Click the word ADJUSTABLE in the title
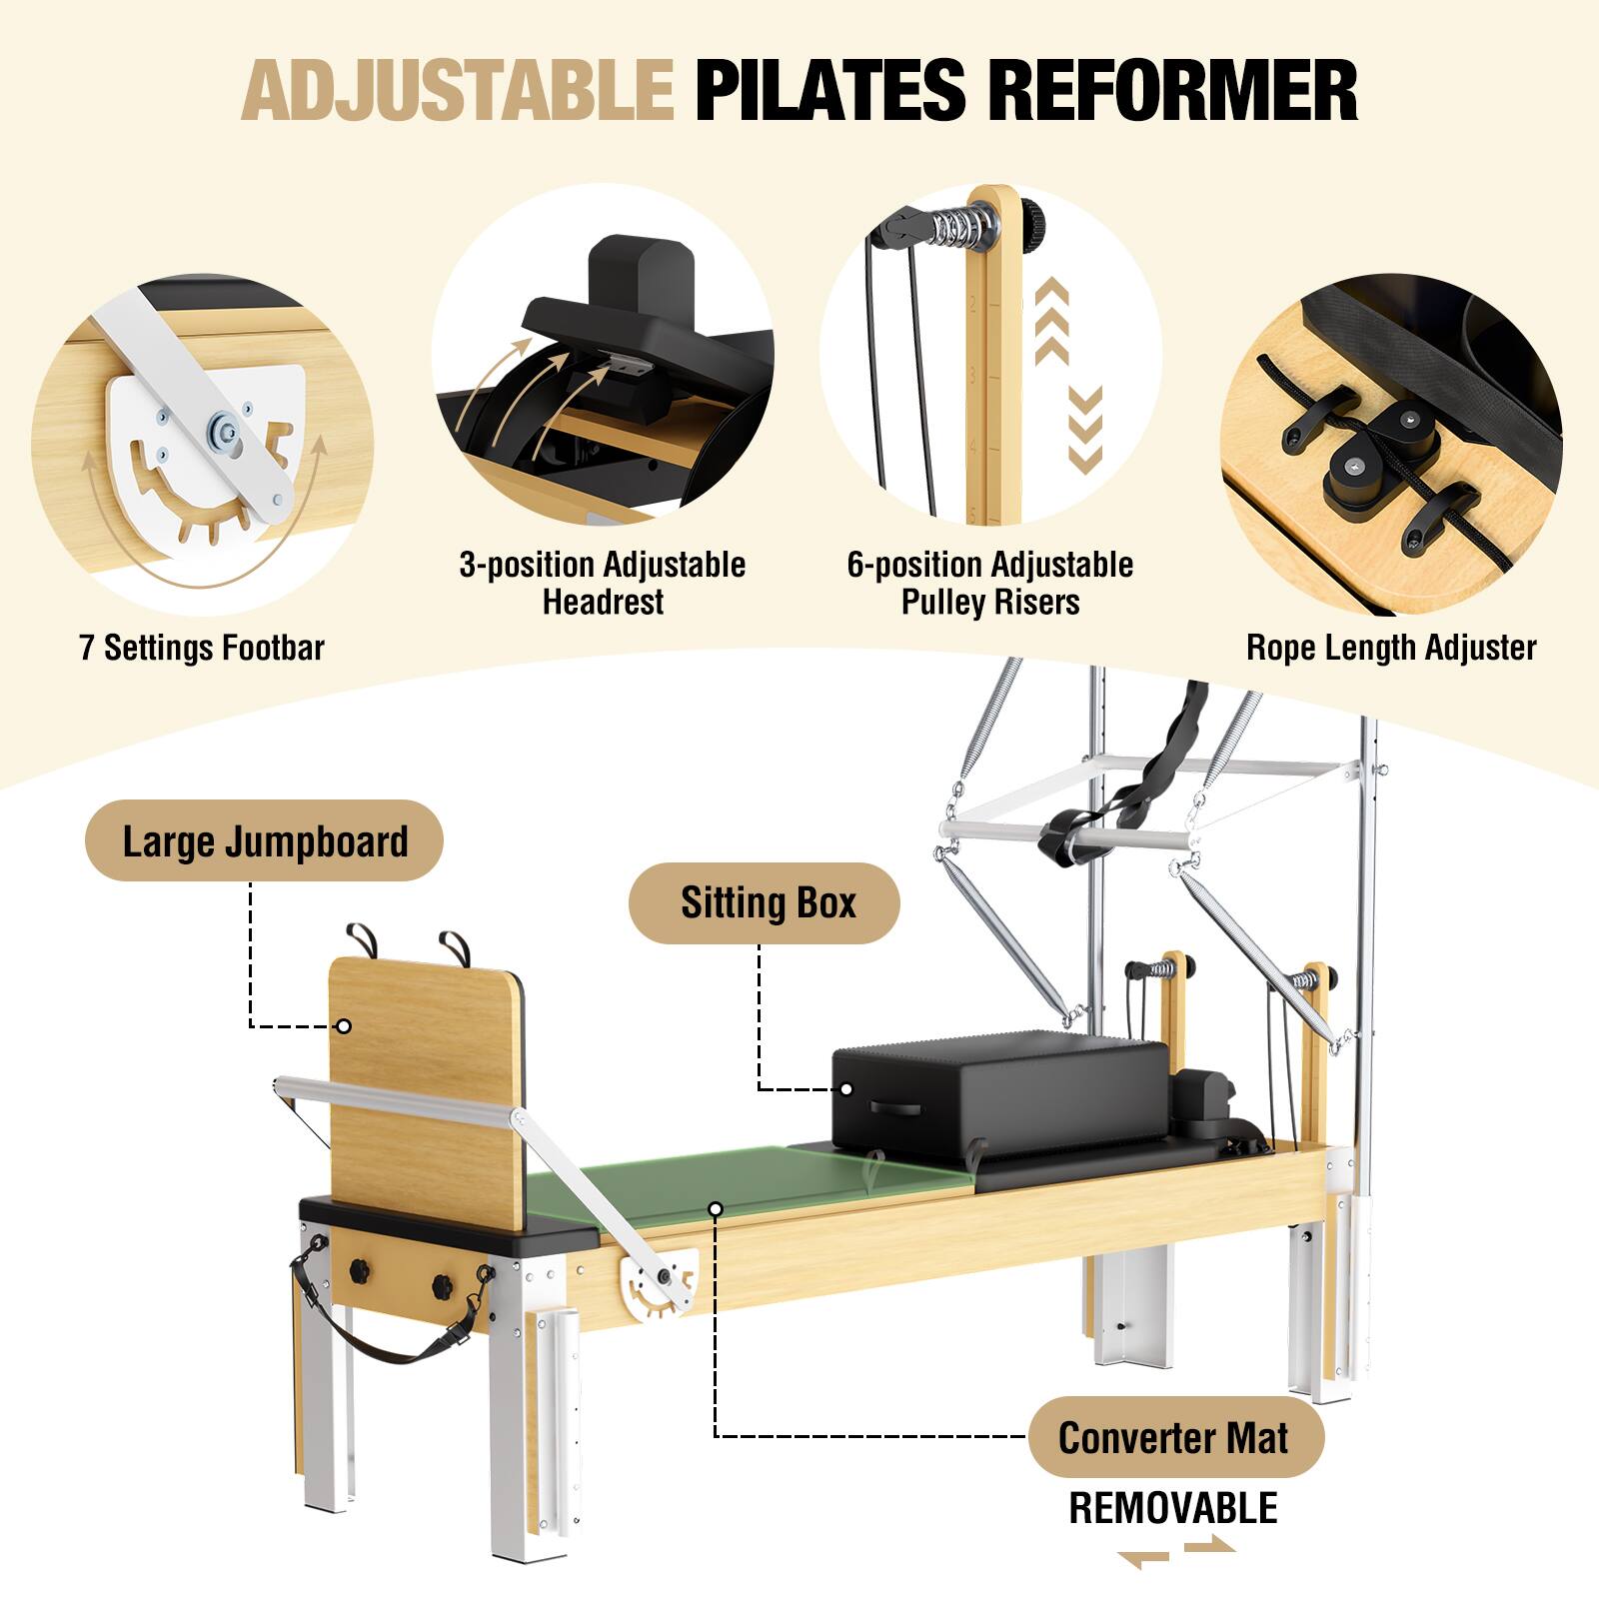pyautogui.click(x=457, y=91)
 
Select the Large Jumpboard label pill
pyautogui.click(x=265, y=840)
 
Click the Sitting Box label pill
pyautogui.click(x=768, y=902)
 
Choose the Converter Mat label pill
pyautogui.click(x=1173, y=1437)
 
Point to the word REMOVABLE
pyautogui.click(x=1173, y=1508)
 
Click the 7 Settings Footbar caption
pyautogui.click(x=202, y=648)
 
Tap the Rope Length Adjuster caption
pyautogui.click(x=1390, y=648)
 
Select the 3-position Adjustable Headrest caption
pyautogui.click(x=603, y=584)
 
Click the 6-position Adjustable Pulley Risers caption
pyautogui.click(x=990, y=584)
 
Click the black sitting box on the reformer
pyautogui.click(x=999, y=1094)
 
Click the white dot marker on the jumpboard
pyautogui.click(x=343, y=1026)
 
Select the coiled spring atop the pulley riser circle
pyautogui.click(x=964, y=222)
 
